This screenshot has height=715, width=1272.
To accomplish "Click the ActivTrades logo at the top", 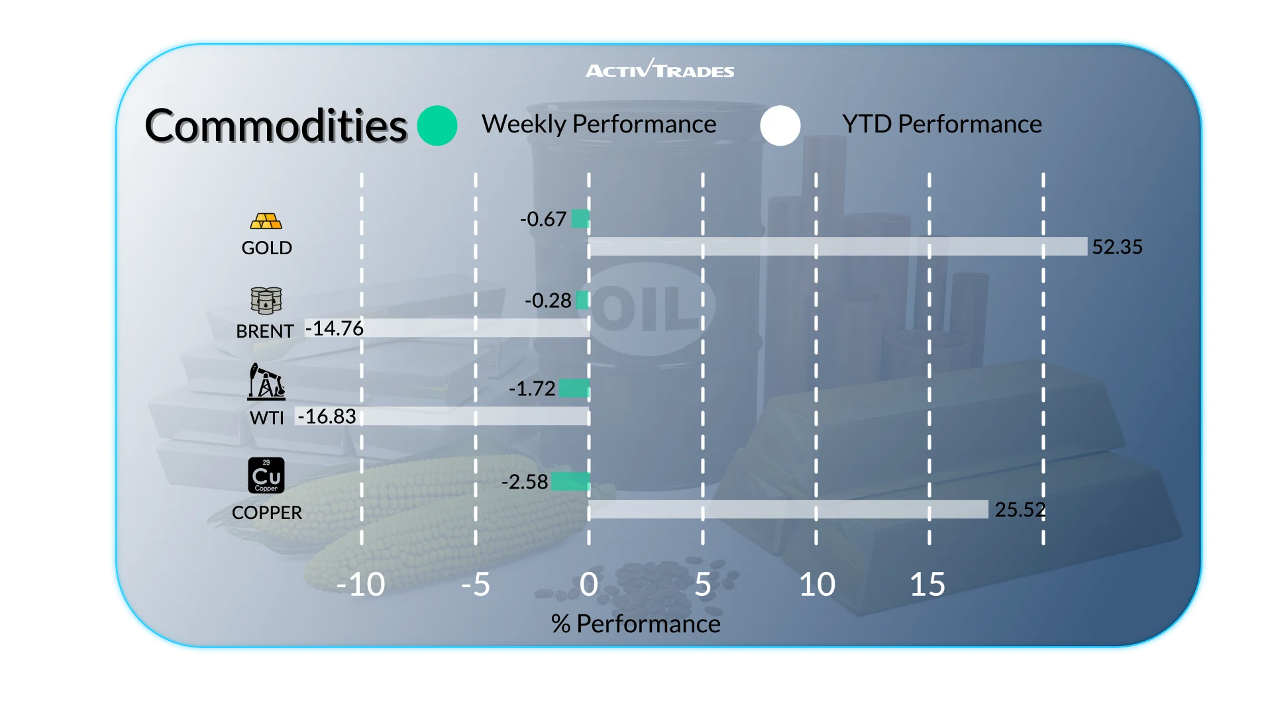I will pyautogui.click(x=660, y=69).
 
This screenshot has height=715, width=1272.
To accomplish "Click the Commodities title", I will pyautogui.click(x=276, y=126).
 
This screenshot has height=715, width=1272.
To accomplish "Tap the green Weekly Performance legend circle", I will pyautogui.click(x=437, y=125).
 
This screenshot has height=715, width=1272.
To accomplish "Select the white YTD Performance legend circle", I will pyautogui.click(x=780, y=125).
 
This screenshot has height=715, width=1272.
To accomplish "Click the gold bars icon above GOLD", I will pyautogui.click(x=266, y=221).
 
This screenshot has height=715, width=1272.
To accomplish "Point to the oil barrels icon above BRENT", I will pyautogui.click(x=266, y=301).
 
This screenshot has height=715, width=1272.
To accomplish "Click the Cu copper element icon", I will pyautogui.click(x=266, y=475).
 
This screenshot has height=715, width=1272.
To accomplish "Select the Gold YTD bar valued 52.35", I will pyautogui.click(x=837, y=246).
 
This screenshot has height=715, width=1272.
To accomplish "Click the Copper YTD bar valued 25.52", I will pyautogui.click(x=788, y=509).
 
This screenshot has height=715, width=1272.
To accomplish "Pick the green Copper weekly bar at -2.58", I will pyautogui.click(x=570, y=481).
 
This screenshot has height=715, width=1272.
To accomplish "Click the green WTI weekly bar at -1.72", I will pyautogui.click(x=574, y=388).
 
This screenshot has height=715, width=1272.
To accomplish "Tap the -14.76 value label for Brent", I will pyautogui.click(x=335, y=328).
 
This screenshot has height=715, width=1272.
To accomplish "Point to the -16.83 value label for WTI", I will pyautogui.click(x=327, y=416).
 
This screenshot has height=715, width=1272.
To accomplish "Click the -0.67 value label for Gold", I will pyautogui.click(x=543, y=219).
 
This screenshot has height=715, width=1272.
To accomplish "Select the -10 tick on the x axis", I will pyautogui.click(x=360, y=585).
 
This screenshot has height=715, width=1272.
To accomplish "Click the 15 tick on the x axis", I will pyautogui.click(x=927, y=585).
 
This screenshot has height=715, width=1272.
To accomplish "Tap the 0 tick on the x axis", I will pyautogui.click(x=588, y=585).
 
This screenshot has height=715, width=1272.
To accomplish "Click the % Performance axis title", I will pyautogui.click(x=635, y=624).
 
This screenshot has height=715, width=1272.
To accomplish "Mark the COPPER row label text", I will pyautogui.click(x=266, y=512).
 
